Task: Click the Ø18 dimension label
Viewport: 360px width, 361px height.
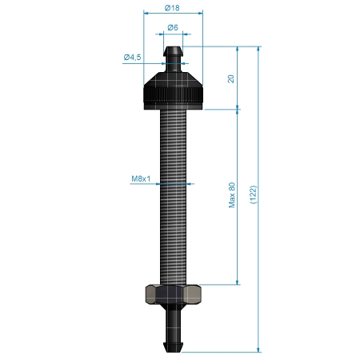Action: click(172, 8)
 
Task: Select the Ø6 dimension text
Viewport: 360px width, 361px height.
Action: click(173, 27)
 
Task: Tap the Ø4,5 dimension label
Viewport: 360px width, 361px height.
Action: click(132, 57)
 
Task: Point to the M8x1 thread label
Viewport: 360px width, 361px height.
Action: click(141, 178)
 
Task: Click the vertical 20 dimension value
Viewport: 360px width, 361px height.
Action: click(231, 78)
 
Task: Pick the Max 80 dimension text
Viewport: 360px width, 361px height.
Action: click(232, 195)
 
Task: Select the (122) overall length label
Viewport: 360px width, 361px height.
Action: click(254, 195)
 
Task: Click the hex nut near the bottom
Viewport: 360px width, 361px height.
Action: click(173, 295)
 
